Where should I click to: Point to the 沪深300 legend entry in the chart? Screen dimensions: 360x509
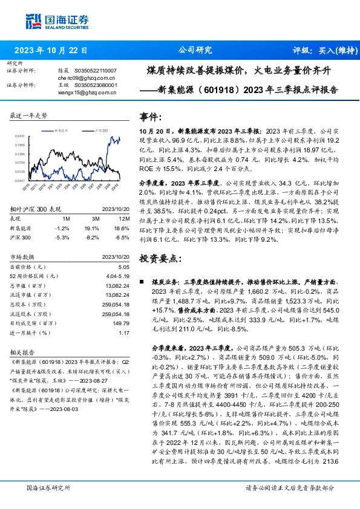(x=100, y=130)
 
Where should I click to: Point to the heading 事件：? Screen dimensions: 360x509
(x=151, y=116)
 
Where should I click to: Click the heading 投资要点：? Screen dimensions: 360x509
(x=160, y=259)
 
